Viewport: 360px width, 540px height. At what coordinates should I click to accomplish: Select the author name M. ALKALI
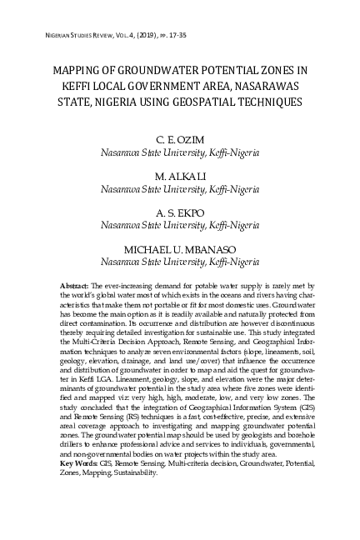click(179, 177)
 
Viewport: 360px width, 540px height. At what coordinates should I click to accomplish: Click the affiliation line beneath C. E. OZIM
click(179, 154)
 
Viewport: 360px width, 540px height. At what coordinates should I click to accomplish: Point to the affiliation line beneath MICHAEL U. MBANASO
click(179, 262)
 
